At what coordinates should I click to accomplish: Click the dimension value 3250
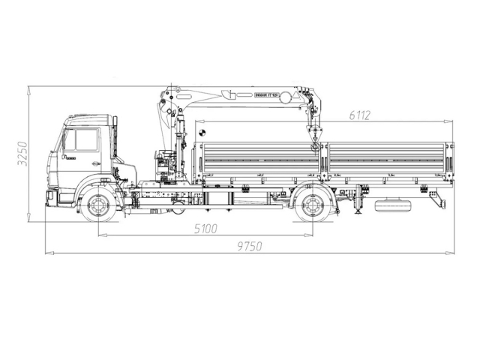coord(23,153)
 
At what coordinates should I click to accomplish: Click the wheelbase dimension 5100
coord(205,229)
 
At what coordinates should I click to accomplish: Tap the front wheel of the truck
coord(99,204)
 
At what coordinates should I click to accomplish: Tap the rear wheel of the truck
coord(312,204)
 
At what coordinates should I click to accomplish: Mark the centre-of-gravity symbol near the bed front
coord(202,133)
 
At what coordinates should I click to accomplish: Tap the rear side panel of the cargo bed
coord(386,158)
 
